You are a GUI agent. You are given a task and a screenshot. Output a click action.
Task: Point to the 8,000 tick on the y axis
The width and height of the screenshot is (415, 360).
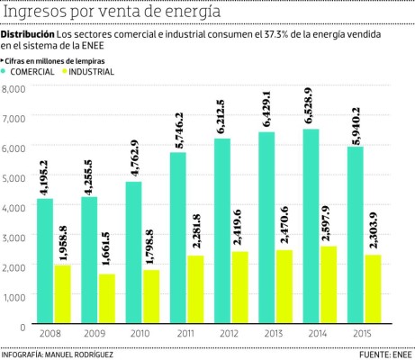point(15,88)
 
